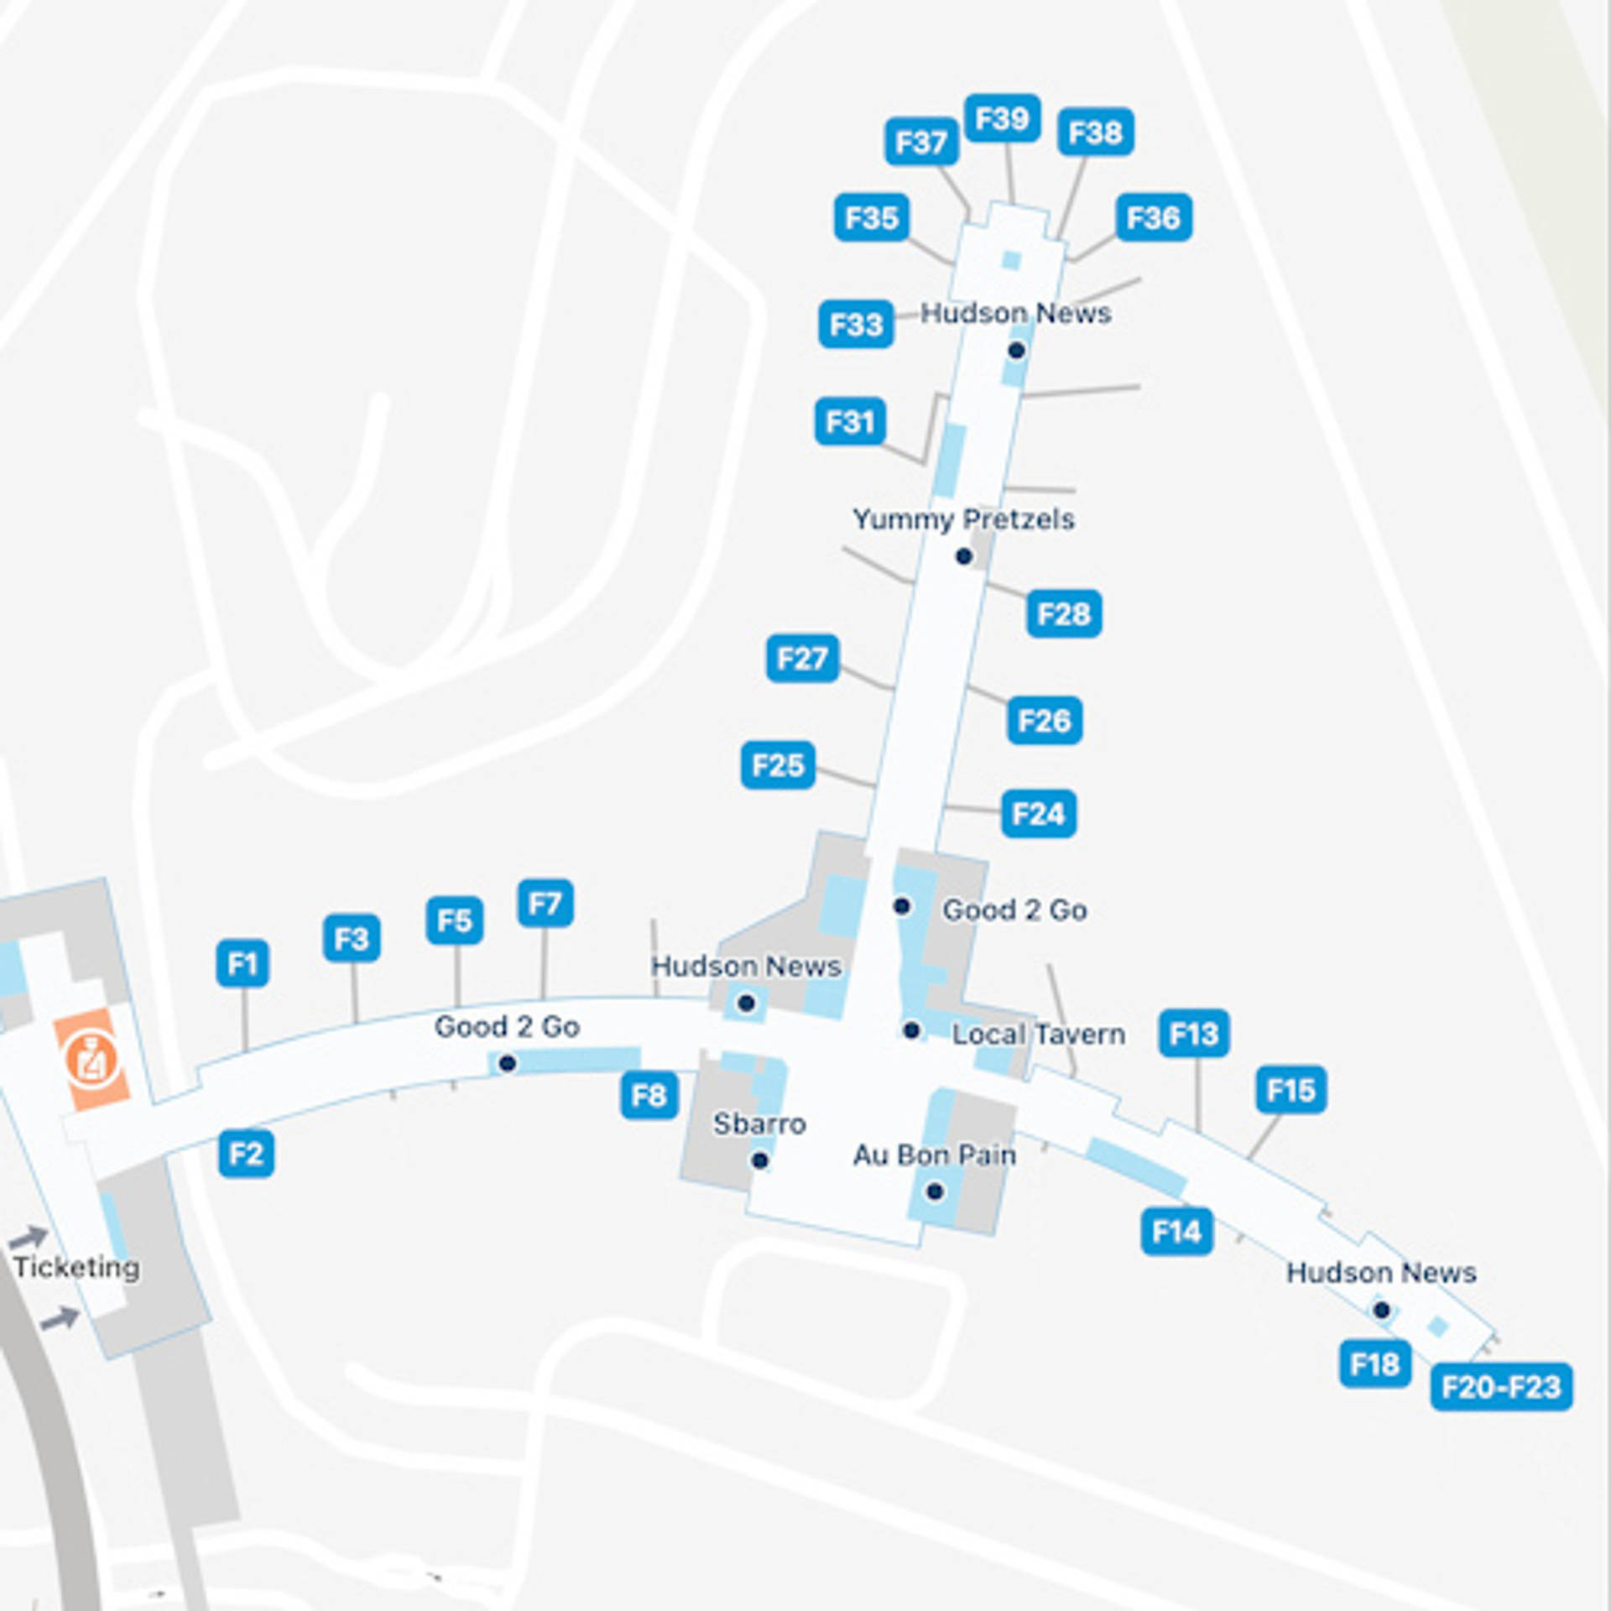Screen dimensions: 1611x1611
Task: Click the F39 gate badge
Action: (1002, 118)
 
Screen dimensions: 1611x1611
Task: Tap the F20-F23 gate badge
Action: (1500, 1387)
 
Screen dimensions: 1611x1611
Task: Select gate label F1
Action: (242, 963)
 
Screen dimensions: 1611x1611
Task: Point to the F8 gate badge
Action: (649, 1095)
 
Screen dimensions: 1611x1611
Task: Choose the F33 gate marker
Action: (856, 324)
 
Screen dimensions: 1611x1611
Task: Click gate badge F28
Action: (1064, 614)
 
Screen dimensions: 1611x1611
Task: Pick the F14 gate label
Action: (1176, 1232)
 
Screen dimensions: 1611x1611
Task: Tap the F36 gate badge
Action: (1154, 218)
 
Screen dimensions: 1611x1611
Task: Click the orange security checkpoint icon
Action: (91, 1059)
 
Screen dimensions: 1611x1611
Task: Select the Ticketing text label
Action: (76, 1267)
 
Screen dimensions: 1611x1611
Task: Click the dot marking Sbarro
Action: (759, 1160)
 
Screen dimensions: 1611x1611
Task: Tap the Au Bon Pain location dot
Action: (935, 1191)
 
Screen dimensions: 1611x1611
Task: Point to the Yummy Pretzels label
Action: (963, 519)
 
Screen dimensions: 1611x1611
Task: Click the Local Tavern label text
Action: (1038, 1035)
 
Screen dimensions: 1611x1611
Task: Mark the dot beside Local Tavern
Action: (911, 1030)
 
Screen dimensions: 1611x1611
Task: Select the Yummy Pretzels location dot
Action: (964, 556)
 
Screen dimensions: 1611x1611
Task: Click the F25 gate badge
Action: (778, 765)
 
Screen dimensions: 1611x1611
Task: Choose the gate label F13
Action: (1194, 1034)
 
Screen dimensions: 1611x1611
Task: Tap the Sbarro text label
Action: (759, 1124)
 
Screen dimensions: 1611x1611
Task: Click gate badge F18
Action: (1374, 1364)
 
